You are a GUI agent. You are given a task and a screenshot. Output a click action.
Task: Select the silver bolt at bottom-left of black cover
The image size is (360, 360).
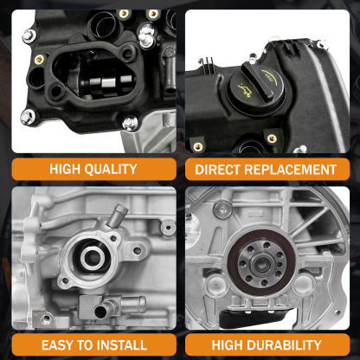tap(28, 115)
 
